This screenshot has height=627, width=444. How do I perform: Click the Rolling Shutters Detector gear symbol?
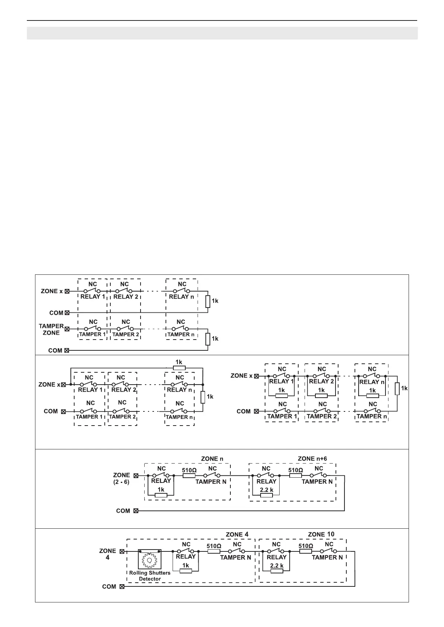[x=150, y=560]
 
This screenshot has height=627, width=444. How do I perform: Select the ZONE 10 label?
[x=321, y=534]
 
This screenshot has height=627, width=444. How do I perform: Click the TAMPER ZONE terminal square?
[x=67, y=329]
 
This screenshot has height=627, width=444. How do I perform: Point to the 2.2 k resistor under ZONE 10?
[x=277, y=571]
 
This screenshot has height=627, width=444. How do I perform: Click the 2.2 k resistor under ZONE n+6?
[x=267, y=495]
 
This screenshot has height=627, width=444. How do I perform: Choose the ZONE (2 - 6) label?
[x=122, y=478]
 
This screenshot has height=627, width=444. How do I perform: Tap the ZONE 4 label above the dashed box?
[x=237, y=534]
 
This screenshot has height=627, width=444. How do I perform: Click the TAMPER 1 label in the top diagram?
[x=92, y=334]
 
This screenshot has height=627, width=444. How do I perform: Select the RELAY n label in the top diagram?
[x=181, y=297]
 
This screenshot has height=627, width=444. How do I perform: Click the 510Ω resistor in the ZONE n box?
[x=189, y=475]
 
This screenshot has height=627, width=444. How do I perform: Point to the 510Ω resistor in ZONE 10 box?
[x=305, y=551]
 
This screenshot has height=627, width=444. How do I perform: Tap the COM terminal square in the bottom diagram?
[x=122, y=587]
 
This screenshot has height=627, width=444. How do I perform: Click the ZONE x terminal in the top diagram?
[x=67, y=291]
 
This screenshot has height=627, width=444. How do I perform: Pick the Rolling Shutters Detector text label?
[x=149, y=576]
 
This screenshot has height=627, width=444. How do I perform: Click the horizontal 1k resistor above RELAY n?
[x=179, y=368]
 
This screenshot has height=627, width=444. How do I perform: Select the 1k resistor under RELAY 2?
[x=321, y=395]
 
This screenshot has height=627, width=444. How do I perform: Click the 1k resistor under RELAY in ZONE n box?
[x=161, y=495]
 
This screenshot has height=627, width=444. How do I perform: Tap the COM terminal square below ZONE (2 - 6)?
[x=136, y=511]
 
